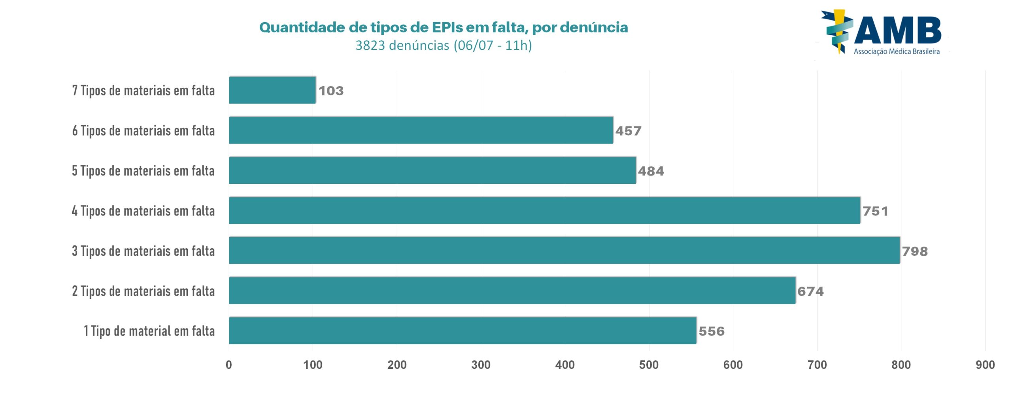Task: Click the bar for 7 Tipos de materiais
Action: [272, 90]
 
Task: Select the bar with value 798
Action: [564, 250]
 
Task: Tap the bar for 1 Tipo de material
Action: [463, 330]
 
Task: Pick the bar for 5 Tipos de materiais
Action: [432, 170]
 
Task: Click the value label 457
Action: [628, 131]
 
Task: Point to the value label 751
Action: [875, 211]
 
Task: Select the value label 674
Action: [810, 291]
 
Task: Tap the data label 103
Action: [331, 91]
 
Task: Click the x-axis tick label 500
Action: [649, 364]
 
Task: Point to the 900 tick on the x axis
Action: [985, 364]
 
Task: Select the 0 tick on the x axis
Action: [229, 364]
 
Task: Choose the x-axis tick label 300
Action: [481, 364]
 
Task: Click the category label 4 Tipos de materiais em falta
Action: [143, 211]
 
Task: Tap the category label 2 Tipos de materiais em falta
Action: [143, 291]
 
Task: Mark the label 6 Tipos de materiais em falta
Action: [143, 131]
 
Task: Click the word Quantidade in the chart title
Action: [302, 27]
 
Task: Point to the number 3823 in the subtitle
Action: [370, 45]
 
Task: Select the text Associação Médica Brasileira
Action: [897, 51]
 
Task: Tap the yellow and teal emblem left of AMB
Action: [837, 31]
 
